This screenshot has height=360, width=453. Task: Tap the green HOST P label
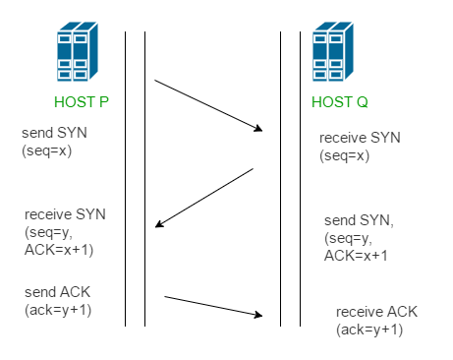[x=81, y=102]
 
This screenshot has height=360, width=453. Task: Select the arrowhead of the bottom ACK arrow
[x=262, y=316]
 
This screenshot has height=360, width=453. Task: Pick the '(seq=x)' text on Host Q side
[x=344, y=156]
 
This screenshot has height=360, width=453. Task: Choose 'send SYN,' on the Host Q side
[x=359, y=220]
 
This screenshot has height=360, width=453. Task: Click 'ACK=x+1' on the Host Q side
[x=356, y=256]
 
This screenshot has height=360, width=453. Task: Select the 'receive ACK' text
[x=376, y=311]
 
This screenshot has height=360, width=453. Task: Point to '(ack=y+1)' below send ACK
[x=60, y=311]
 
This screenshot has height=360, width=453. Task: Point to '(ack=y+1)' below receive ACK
[x=369, y=329]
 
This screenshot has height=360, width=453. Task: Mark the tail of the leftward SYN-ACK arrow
[x=253, y=169]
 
